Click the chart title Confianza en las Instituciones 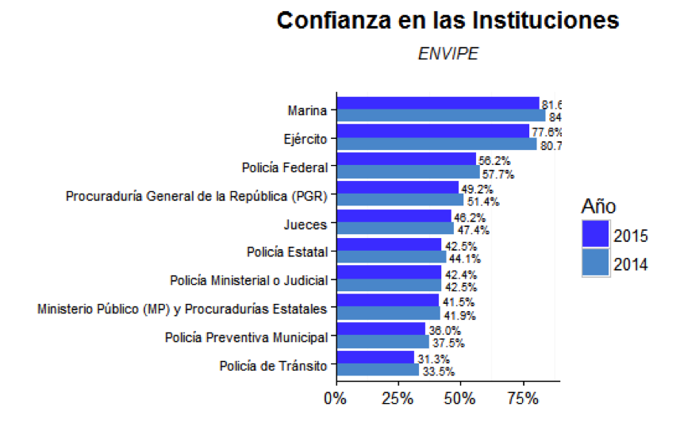[x=448, y=21]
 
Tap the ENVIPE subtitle [x=448, y=54]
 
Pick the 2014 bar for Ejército [x=436, y=144]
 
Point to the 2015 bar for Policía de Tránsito [x=375, y=357]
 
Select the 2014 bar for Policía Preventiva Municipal [x=382, y=342]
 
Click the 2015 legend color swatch [x=595, y=235]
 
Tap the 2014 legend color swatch [x=595, y=263]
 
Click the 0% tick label [x=336, y=397]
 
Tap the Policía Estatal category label [x=286, y=252]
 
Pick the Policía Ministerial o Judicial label [x=248, y=281]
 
